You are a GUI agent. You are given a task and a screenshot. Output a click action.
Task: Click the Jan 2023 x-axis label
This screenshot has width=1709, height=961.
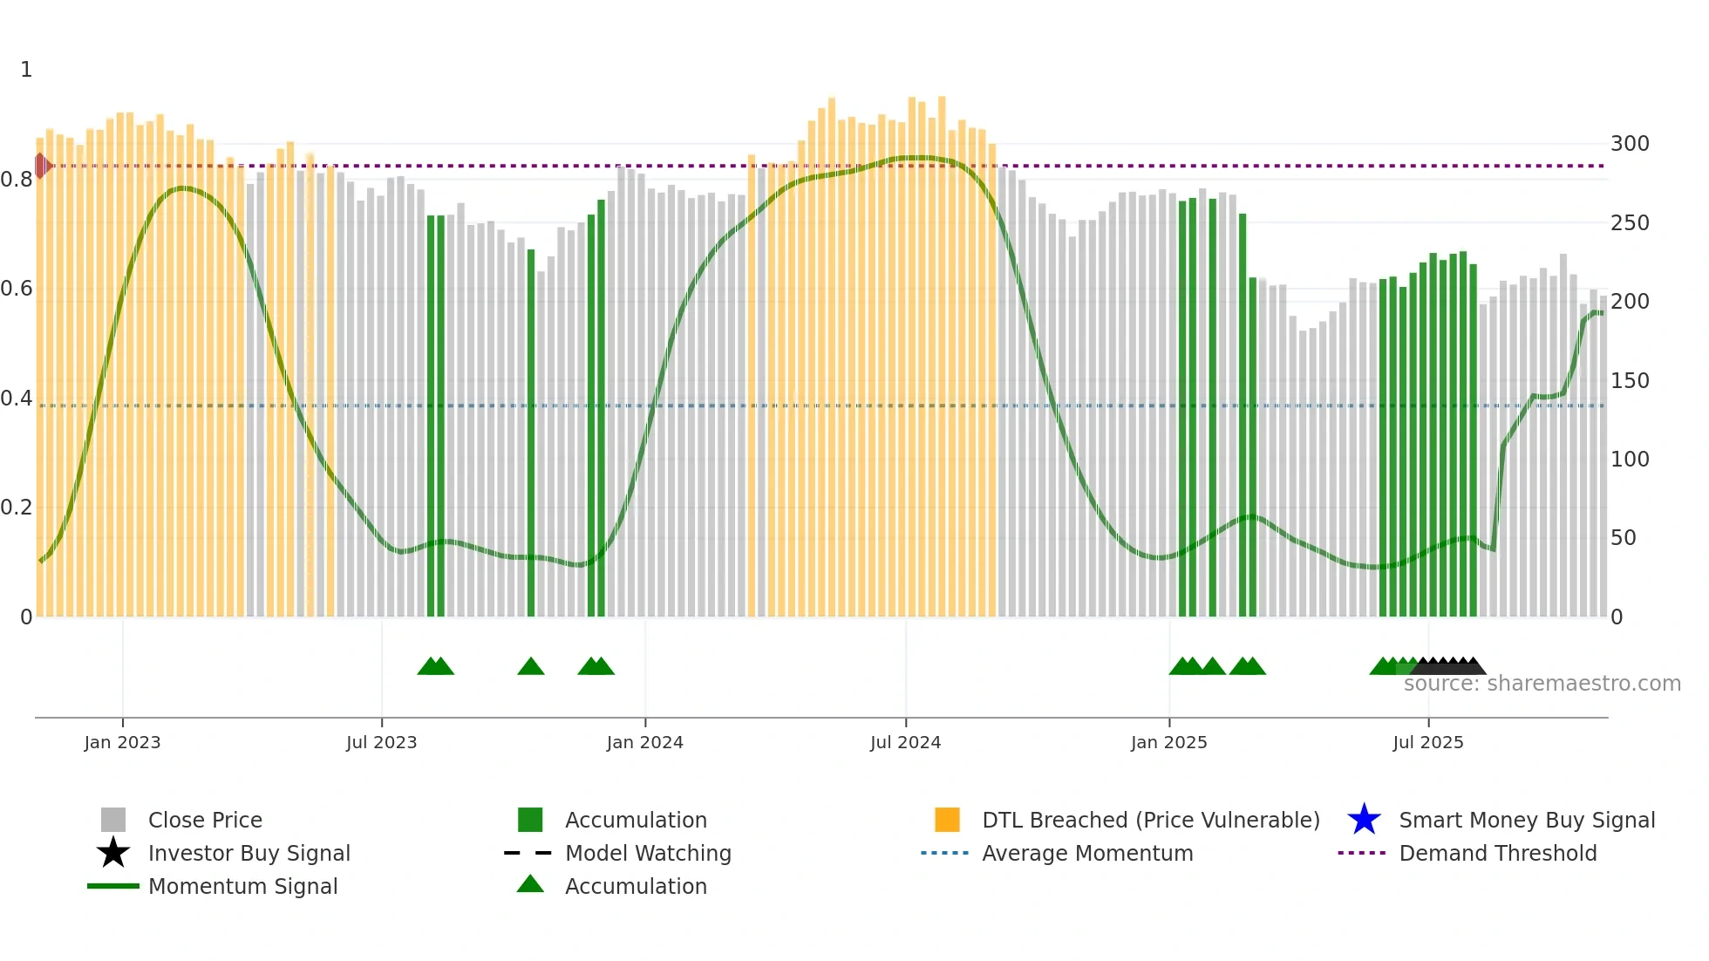point(122,742)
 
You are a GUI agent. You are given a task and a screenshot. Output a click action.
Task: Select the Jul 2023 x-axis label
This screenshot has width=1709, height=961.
point(381,742)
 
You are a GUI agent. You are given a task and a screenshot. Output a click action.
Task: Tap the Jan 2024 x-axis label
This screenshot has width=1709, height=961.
point(644,742)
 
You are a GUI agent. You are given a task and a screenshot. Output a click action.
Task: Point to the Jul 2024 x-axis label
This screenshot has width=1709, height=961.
point(905,742)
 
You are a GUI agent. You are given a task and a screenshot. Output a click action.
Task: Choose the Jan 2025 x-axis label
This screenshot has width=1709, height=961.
point(1168,742)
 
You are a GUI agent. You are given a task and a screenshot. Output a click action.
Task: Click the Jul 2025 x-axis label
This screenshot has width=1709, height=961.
point(1427,742)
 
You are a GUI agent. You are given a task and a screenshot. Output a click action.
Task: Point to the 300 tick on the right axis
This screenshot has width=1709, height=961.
point(1630,144)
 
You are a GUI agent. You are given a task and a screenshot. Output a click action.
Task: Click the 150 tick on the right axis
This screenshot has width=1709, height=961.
point(1630,381)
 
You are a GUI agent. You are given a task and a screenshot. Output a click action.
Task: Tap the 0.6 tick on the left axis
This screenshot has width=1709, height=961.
point(17,289)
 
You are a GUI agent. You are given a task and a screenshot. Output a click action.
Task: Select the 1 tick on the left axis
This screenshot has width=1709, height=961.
point(26,70)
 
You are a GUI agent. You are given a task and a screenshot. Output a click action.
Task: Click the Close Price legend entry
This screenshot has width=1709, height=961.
point(205,821)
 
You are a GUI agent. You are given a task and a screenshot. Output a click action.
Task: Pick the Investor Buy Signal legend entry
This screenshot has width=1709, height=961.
point(249,854)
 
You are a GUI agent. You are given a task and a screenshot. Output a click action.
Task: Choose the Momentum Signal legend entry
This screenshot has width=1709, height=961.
point(242,887)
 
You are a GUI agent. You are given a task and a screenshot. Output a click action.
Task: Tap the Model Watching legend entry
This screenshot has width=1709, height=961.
point(648,854)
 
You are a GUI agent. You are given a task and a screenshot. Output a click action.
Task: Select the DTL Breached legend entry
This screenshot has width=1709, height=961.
point(1150,821)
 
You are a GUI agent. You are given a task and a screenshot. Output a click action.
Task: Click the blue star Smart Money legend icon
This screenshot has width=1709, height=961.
point(1364,820)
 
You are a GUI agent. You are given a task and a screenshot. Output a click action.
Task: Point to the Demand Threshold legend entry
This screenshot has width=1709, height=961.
point(1497,854)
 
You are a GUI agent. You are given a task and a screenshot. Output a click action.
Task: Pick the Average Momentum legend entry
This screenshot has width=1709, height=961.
point(1086,854)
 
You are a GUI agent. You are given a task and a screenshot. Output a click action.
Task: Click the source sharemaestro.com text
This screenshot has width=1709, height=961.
point(1542,684)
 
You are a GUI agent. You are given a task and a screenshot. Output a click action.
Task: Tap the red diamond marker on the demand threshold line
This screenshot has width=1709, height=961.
point(41,166)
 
